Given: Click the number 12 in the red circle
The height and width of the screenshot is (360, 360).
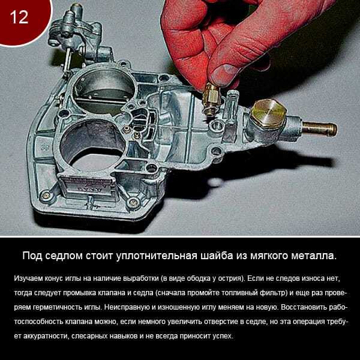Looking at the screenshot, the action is point(19,17).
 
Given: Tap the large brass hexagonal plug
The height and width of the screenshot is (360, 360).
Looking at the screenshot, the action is point(268,113).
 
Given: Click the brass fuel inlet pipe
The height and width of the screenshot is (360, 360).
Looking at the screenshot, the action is point(320,129).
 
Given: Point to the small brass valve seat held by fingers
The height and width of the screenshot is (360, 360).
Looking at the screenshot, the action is point(211,99).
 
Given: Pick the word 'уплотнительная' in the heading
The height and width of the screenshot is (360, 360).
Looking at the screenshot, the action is point(157,256).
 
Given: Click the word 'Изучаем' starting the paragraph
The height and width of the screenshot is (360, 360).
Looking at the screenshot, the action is point(28,278).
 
